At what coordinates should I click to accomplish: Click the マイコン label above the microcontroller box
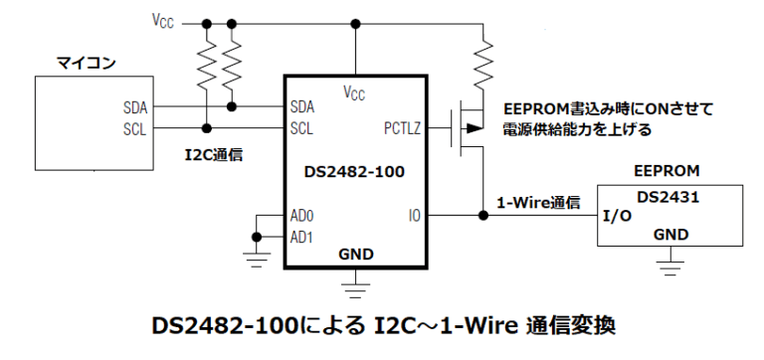click(88, 64)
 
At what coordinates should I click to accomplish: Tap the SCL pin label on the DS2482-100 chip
click(301, 127)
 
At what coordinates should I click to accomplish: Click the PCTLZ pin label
click(403, 127)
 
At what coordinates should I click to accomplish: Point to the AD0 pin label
click(302, 216)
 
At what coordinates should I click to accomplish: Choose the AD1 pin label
click(302, 236)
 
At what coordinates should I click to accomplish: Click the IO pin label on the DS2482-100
click(414, 216)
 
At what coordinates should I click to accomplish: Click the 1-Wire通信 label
click(538, 203)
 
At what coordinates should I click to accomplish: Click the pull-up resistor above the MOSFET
click(482, 60)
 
